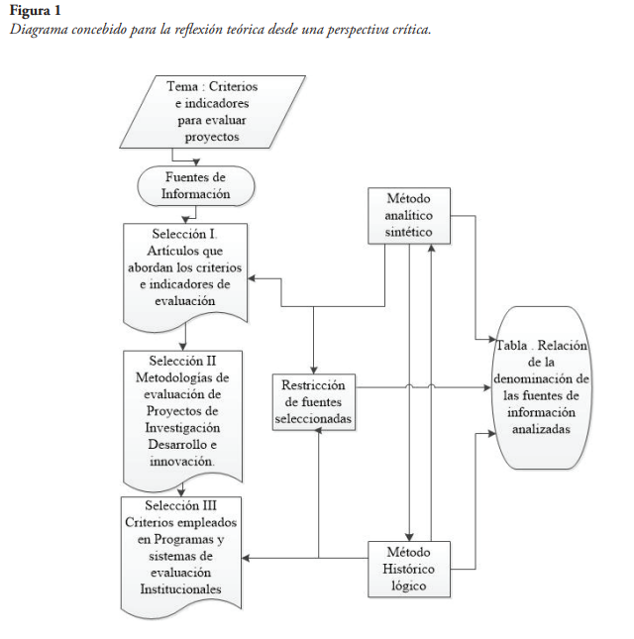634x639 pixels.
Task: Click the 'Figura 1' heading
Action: point(35,11)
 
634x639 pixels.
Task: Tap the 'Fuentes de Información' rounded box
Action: point(196,186)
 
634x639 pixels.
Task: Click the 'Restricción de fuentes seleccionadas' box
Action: point(313,402)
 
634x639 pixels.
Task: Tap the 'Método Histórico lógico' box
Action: point(409,569)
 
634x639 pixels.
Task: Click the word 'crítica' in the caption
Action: point(413,29)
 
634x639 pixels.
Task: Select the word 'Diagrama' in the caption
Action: point(40,29)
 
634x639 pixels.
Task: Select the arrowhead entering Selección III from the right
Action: point(247,559)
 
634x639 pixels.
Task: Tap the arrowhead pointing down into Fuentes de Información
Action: point(196,163)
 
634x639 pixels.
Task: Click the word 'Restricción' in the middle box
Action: point(313,384)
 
